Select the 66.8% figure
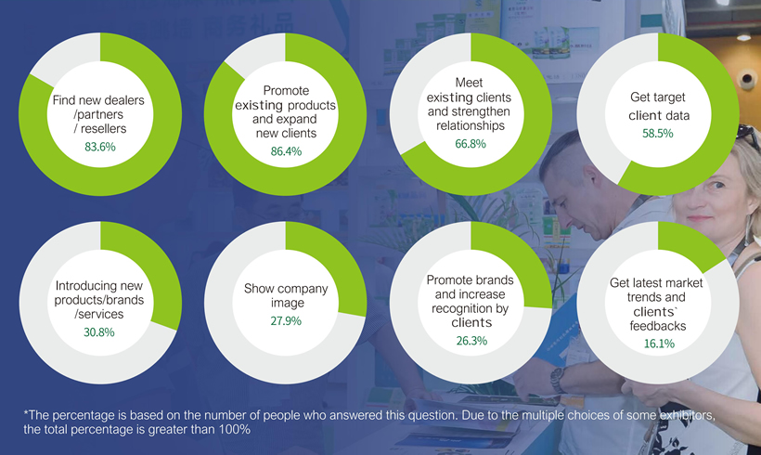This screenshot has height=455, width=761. point(473,145)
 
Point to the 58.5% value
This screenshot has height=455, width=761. point(657,134)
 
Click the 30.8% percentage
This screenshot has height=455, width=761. point(98,331)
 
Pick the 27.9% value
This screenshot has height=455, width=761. point(286,321)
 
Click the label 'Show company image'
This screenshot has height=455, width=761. point(286,295)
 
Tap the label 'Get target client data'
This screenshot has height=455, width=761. point(657,108)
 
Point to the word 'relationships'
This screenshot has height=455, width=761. point(473,125)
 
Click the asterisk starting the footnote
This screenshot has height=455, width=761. point(27,415)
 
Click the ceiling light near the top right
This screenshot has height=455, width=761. point(743,37)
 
